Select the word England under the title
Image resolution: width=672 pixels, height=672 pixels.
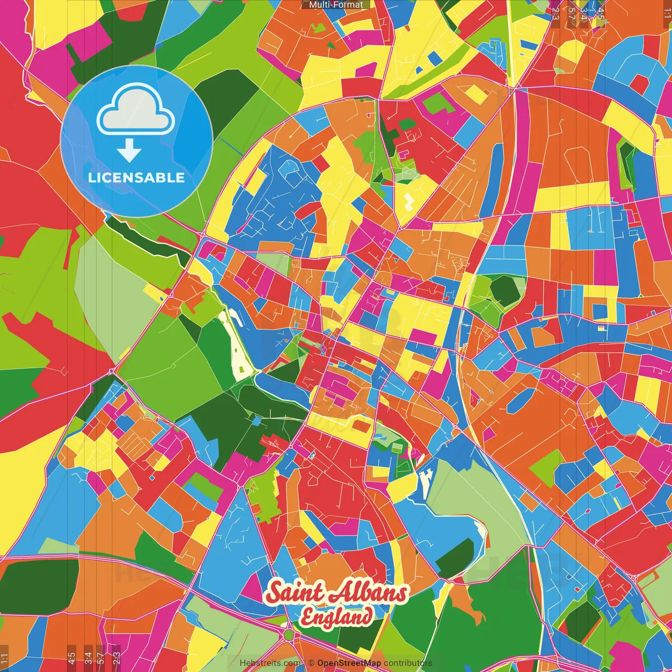(x=337, y=617)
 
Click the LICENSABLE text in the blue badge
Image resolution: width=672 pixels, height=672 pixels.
(x=136, y=177)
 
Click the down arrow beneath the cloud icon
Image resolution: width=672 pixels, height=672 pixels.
(x=129, y=152)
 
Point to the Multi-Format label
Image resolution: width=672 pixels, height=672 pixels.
(x=336, y=5)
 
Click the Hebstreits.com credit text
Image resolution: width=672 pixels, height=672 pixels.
(x=270, y=663)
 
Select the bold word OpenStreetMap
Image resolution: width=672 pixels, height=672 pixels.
(x=349, y=663)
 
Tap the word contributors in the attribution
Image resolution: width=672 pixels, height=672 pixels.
(x=408, y=663)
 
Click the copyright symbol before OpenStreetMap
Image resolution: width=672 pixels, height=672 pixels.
(x=311, y=663)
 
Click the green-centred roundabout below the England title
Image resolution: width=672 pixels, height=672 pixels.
(x=288, y=635)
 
